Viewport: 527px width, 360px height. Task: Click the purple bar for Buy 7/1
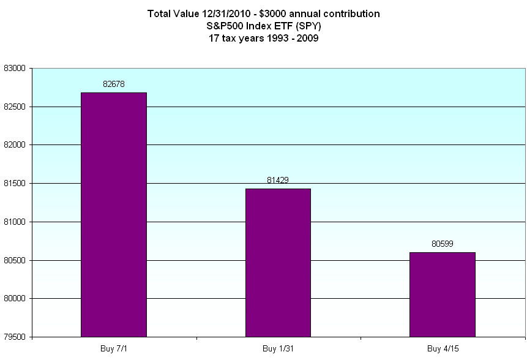pyautogui.click(x=114, y=214)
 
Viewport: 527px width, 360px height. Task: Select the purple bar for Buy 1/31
pyautogui.click(x=278, y=263)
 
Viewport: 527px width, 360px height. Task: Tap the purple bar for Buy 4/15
pyautogui.click(x=442, y=294)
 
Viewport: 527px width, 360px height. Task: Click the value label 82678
pyautogui.click(x=114, y=83)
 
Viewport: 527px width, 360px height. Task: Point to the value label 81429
pyautogui.click(x=278, y=179)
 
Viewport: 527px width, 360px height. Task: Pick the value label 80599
pyautogui.click(x=442, y=243)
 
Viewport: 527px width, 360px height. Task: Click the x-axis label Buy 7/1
pyautogui.click(x=114, y=348)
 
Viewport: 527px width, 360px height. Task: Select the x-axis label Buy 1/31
pyautogui.click(x=278, y=348)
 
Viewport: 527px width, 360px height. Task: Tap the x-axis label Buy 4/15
pyautogui.click(x=442, y=348)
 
